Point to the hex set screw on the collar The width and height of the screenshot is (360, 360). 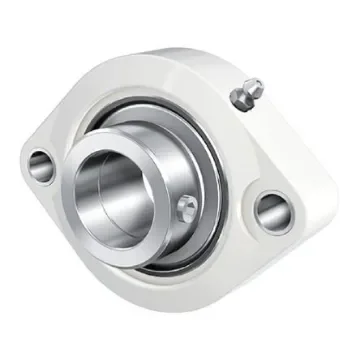tap(188, 207)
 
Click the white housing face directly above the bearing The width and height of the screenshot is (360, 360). tap(140, 85)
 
